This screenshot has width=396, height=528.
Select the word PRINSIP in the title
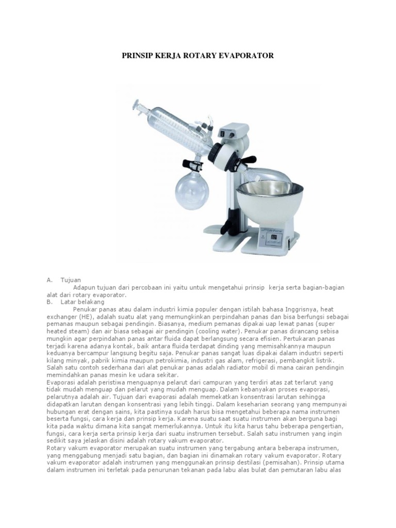pyautogui.click(x=138, y=55)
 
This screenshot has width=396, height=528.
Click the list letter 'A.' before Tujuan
pyautogui.click(x=50, y=279)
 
